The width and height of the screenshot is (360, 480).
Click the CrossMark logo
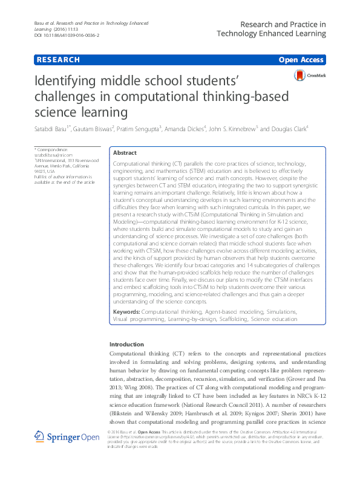[308, 76]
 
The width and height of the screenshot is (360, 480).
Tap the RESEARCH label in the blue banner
[58, 60]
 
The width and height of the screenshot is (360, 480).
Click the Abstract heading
[125, 154]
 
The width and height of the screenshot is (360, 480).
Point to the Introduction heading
[127, 344]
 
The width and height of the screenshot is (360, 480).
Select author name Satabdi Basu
[51, 128]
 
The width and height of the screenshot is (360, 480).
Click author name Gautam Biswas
[94, 128]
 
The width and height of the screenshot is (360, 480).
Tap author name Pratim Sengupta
[139, 128]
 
